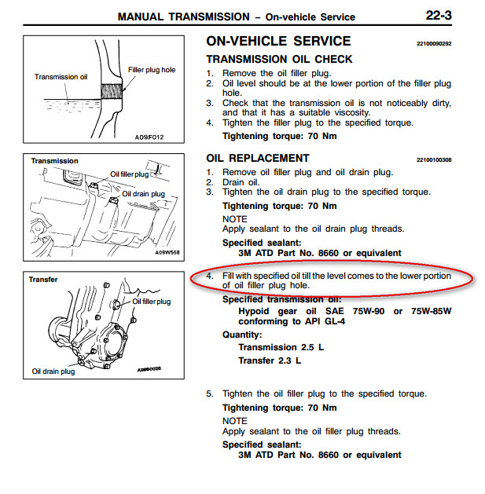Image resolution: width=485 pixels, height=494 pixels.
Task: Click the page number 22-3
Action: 439,16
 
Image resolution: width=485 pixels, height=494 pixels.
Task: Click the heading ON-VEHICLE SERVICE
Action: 278,42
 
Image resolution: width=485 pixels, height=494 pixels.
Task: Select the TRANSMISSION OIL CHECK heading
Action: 279,59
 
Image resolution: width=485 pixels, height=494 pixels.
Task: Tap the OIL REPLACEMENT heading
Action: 258,158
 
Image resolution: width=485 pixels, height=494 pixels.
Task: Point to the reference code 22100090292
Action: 434,43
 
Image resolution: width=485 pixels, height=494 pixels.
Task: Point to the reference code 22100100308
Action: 434,160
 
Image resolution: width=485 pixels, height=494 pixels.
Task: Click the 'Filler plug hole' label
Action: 152,70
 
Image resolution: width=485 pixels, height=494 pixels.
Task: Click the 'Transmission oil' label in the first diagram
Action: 61,77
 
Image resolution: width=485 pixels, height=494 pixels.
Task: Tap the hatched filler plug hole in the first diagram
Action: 112,91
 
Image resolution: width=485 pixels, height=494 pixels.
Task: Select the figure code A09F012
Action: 149,137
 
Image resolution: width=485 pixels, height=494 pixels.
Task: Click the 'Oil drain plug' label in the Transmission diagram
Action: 144,194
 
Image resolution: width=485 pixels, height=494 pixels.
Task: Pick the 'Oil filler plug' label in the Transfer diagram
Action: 152,302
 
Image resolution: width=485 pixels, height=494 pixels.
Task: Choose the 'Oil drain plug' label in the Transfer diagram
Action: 53,371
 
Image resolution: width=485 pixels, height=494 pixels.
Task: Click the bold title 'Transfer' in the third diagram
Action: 43,280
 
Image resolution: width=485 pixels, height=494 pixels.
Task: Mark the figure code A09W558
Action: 167,253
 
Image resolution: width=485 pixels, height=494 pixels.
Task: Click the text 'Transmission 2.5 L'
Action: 281,347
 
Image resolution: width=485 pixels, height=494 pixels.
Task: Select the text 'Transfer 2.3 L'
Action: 270,360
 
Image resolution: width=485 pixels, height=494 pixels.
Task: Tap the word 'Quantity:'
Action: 242,335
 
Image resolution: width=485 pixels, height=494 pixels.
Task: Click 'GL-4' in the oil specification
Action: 334,321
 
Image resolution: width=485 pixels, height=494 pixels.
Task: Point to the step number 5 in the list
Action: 210,393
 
